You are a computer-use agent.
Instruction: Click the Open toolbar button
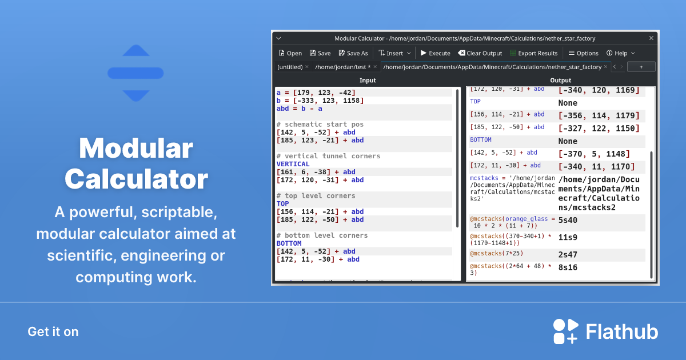(290, 53)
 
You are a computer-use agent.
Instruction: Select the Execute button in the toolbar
(435, 53)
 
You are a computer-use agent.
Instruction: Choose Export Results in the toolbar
(533, 53)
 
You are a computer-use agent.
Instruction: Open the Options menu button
(583, 53)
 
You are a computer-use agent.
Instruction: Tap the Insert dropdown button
(394, 53)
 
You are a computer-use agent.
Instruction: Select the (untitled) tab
(290, 67)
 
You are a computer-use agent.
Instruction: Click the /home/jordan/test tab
(342, 67)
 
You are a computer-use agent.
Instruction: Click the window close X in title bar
(651, 38)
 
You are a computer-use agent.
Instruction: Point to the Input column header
(368, 81)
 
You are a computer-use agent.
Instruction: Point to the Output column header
(560, 81)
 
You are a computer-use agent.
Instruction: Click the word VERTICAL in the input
(293, 164)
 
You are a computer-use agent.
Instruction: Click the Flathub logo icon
(565, 332)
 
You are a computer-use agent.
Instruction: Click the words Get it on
(53, 332)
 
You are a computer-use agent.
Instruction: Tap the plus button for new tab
(641, 67)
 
